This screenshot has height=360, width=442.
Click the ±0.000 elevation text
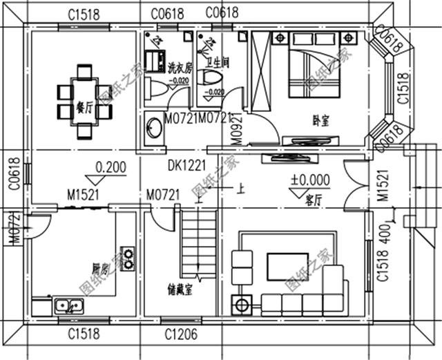[309, 180]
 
